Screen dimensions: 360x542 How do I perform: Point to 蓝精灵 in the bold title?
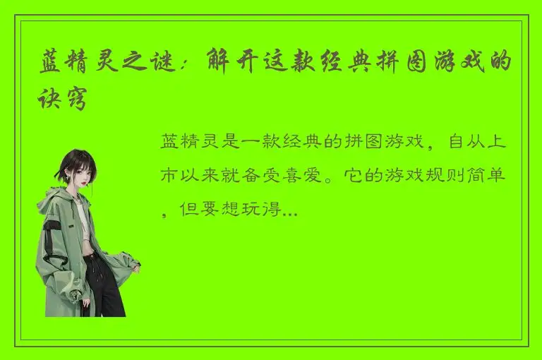[79, 66]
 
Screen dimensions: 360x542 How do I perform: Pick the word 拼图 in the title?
[398, 66]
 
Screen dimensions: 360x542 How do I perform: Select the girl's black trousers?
[102, 282]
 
